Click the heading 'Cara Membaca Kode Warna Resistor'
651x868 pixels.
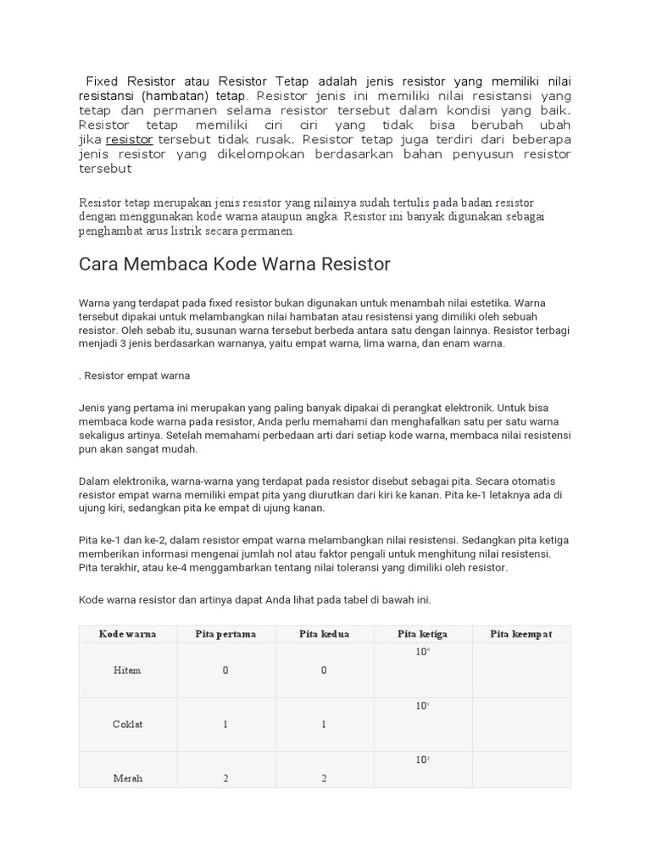[x=235, y=264]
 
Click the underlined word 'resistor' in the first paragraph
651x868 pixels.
[x=129, y=139]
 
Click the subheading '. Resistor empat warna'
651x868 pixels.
[x=135, y=375]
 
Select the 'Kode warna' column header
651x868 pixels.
[x=127, y=634]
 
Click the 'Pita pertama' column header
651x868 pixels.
[x=225, y=634]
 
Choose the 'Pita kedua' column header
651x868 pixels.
[x=324, y=634]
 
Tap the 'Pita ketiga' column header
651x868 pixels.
[x=422, y=634]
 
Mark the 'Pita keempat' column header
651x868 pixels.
[x=521, y=634]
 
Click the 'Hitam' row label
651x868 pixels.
[x=127, y=670]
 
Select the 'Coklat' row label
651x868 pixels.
[x=127, y=724]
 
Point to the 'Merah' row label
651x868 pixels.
[x=127, y=778]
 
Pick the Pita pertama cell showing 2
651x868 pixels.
[x=225, y=778]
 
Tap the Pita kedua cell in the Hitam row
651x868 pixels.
[x=324, y=670]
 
